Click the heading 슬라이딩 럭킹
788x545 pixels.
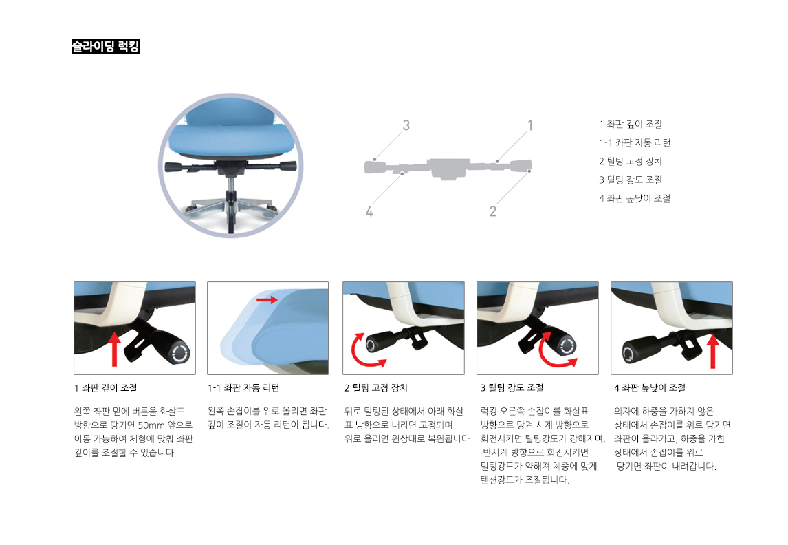(x=105, y=47)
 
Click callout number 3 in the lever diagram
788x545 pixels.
(x=406, y=125)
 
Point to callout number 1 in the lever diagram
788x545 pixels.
(x=530, y=125)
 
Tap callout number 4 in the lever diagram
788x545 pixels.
(x=369, y=211)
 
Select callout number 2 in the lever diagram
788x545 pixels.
(x=493, y=211)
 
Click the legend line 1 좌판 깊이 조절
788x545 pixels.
(x=631, y=125)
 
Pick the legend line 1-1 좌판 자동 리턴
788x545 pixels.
(x=635, y=143)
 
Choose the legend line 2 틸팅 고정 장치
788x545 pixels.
(x=631, y=162)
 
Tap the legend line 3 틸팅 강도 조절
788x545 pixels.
(x=631, y=180)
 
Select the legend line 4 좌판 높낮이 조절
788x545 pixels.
(x=635, y=199)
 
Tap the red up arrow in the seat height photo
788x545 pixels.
(x=713, y=351)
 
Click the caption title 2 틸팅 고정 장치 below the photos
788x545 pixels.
(x=376, y=388)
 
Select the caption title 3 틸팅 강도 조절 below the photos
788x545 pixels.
(x=512, y=388)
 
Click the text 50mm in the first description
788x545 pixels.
(x=149, y=425)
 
